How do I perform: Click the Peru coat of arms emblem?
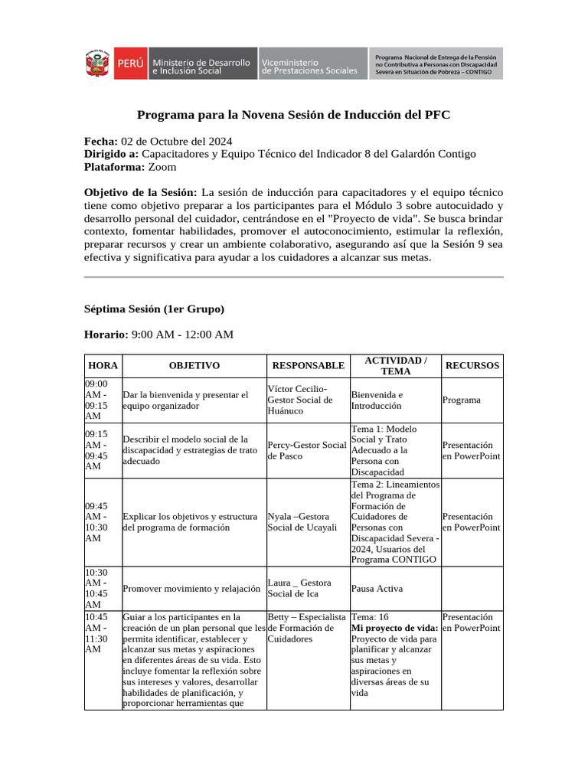(x=97, y=64)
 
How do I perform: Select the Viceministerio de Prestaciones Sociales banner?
(x=309, y=65)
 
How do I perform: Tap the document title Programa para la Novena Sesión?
(x=293, y=115)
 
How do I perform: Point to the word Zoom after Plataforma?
(x=162, y=166)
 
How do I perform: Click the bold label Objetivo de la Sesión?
(x=140, y=192)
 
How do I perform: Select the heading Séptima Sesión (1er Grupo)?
(x=154, y=309)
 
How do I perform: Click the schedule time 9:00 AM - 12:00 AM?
(x=182, y=335)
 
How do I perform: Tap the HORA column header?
(x=103, y=366)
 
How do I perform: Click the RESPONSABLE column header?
(x=308, y=366)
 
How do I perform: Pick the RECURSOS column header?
(x=472, y=366)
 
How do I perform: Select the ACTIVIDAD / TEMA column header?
(x=395, y=366)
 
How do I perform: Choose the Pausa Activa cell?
(x=377, y=589)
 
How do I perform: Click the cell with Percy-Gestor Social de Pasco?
(x=307, y=450)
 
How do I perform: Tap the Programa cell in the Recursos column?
(x=462, y=400)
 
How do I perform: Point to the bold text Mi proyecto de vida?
(x=394, y=628)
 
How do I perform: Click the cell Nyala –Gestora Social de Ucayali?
(x=303, y=521)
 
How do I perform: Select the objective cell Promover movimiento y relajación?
(x=192, y=589)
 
